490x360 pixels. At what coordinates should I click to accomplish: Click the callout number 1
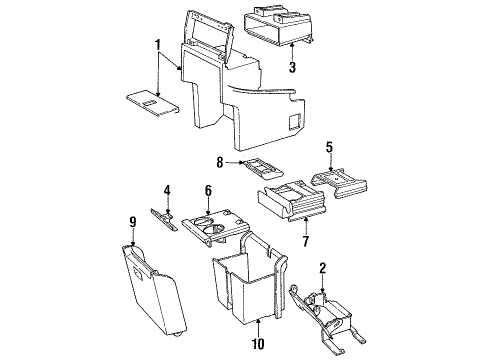click(158, 46)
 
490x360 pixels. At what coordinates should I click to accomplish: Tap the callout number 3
click(292, 68)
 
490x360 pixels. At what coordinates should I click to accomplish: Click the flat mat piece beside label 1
click(148, 100)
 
